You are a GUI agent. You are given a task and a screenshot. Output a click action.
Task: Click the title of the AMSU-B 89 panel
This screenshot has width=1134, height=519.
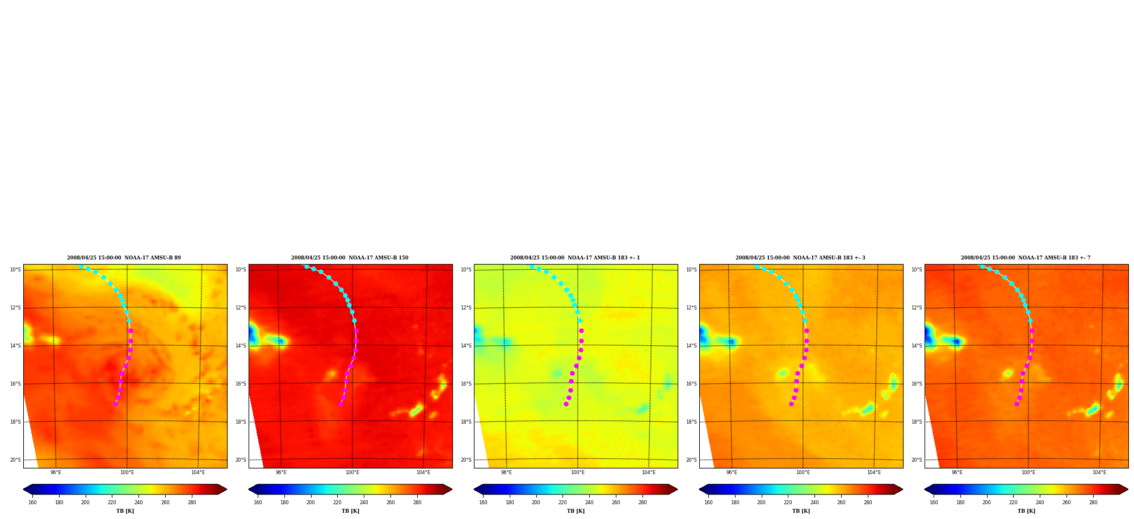coord(124,258)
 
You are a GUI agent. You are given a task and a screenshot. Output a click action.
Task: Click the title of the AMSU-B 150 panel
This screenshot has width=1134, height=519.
coord(350,258)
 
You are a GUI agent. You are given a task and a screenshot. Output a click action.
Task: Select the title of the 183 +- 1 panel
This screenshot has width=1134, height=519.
coord(575,258)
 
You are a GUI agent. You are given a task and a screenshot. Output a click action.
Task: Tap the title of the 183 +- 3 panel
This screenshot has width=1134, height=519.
coord(800,258)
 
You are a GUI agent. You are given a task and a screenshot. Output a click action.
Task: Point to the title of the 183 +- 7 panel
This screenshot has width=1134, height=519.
coord(1026,258)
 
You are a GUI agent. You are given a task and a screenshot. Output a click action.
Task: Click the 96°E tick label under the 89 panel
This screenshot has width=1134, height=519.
coord(56,472)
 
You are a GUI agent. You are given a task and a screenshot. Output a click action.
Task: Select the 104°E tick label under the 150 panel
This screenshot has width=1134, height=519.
coord(423,472)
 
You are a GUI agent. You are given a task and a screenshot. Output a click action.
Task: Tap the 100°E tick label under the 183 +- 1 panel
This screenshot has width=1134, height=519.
coord(578,472)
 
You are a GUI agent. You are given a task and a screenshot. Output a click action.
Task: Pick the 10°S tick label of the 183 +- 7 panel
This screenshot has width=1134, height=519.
coord(917,270)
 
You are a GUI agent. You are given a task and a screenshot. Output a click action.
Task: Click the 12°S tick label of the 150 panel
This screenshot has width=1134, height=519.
coord(241,308)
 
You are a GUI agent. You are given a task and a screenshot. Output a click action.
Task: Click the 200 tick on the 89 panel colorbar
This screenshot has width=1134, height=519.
coord(85,503)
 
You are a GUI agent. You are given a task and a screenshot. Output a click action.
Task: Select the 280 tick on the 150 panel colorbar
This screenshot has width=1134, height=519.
coord(417,503)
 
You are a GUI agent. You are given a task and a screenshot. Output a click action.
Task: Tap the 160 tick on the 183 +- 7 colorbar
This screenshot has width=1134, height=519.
coord(934,503)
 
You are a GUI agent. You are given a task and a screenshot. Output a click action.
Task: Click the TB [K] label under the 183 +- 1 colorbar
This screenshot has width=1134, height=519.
coord(576,511)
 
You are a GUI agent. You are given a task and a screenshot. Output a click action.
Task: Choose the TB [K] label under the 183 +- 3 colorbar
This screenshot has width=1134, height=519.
coord(801,511)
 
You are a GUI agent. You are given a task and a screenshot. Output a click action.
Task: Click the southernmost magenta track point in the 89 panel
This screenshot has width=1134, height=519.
coord(115,404)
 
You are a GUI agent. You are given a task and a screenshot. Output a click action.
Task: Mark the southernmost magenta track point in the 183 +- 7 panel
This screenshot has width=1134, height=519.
coord(1017,404)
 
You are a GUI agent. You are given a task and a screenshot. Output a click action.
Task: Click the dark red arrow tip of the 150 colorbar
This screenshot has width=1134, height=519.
coord(452,489)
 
